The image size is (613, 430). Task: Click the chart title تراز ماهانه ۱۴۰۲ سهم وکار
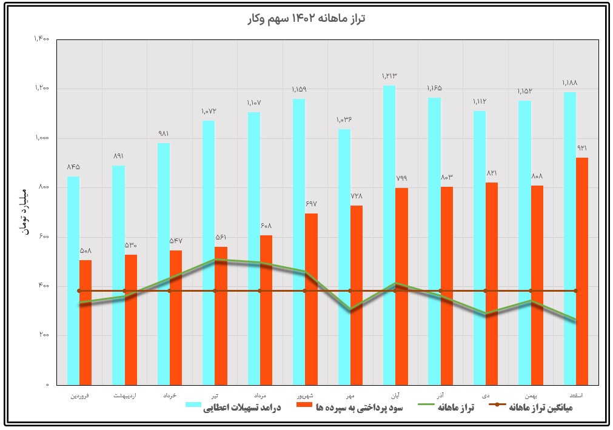point(307,19)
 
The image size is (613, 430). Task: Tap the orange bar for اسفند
point(582,271)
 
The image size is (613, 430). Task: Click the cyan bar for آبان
point(389,235)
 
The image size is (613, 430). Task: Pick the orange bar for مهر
point(357,295)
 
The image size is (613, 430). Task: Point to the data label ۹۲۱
point(581,148)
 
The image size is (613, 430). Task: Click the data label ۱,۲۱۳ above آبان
point(389,76)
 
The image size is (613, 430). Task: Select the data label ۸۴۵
point(73,167)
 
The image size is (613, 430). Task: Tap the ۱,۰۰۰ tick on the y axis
point(42,138)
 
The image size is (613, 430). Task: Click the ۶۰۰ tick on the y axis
point(44,237)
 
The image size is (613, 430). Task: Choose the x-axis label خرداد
point(170,395)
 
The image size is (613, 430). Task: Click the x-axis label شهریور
point(304,395)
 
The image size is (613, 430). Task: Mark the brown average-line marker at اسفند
point(575,291)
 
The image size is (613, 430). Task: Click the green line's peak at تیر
point(215,260)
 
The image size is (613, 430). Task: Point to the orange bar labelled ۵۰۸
point(85,322)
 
